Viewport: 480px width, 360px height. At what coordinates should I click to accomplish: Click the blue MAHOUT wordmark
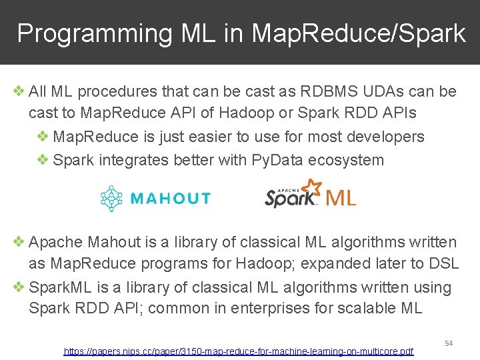[x=170, y=198]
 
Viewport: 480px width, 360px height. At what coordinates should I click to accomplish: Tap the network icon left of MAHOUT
[x=112, y=198]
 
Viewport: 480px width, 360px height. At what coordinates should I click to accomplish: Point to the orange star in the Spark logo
[x=310, y=187]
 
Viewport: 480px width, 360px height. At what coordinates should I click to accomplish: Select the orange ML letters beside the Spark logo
[x=341, y=197]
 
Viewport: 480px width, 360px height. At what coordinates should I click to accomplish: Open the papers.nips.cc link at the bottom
[x=238, y=351]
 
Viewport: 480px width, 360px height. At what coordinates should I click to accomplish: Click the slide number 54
[x=449, y=343]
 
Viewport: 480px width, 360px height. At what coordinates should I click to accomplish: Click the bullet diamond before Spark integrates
[x=43, y=160]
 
